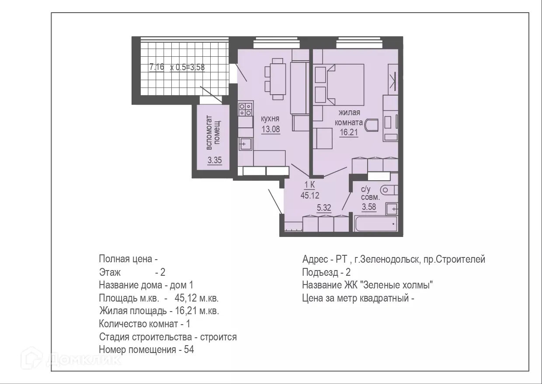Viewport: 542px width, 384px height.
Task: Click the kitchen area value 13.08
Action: click(270, 129)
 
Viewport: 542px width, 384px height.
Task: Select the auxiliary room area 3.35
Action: click(215, 161)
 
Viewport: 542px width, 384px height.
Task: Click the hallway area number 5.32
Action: click(323, 208)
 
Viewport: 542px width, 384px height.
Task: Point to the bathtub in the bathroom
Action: click(375, 224)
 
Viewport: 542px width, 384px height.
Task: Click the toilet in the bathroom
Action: click(388, 190)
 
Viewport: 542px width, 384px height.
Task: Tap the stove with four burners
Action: click(245, 109)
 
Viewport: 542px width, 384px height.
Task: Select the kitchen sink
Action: click(245, 143)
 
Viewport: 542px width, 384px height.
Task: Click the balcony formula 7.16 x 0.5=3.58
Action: click(177, 67)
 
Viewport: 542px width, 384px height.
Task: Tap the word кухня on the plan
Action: click(270, 119)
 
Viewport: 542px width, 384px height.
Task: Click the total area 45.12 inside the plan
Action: click(309, 195)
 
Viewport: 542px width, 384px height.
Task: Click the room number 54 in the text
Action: click(189, 350)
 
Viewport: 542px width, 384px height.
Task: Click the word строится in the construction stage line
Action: click(218, 337)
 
